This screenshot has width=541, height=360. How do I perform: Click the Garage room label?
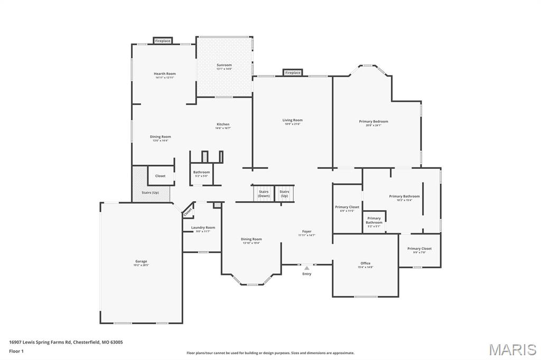pyautogui.click(x=141, y=261)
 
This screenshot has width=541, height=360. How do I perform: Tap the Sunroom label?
pyautogui.click(x=224, y=65)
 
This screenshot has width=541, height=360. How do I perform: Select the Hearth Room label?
pyautogui.click(x=165, y=74)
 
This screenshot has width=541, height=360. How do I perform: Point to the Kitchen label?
pyautogui.click(x=222, y=125)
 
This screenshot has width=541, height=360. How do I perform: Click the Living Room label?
pyautogui.click(x=292, y=120)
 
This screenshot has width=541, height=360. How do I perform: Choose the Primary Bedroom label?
pyautogui.click(x=374, y=121)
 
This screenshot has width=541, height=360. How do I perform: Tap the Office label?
pyautogui.click(x=365, y=263)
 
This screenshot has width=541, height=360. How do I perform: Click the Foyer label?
pyautogui.click(x=306, y=231)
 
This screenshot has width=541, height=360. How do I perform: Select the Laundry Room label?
pyautogui.click(x=203, y=228)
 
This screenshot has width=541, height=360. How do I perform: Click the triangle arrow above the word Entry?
pyautogui.click(x=306, y=268)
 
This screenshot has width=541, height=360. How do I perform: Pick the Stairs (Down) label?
pyautogui.click(x=264, y=194)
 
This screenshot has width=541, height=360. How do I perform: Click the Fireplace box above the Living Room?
pyautogui.click(x=293, y=73)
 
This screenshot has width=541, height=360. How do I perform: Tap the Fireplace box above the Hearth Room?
pyautogui.click(x=163, y=41)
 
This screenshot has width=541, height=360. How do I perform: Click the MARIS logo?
pyautogui.click(x=512, y=349)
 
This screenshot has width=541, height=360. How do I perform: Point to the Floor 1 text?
pyautogui.click(x=17, y=351)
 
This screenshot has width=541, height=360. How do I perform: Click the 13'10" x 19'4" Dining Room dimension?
pyautogui.click(x=251, y=243)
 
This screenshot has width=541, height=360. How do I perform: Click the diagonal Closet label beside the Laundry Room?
pyautogui.click(x=188, y=212)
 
